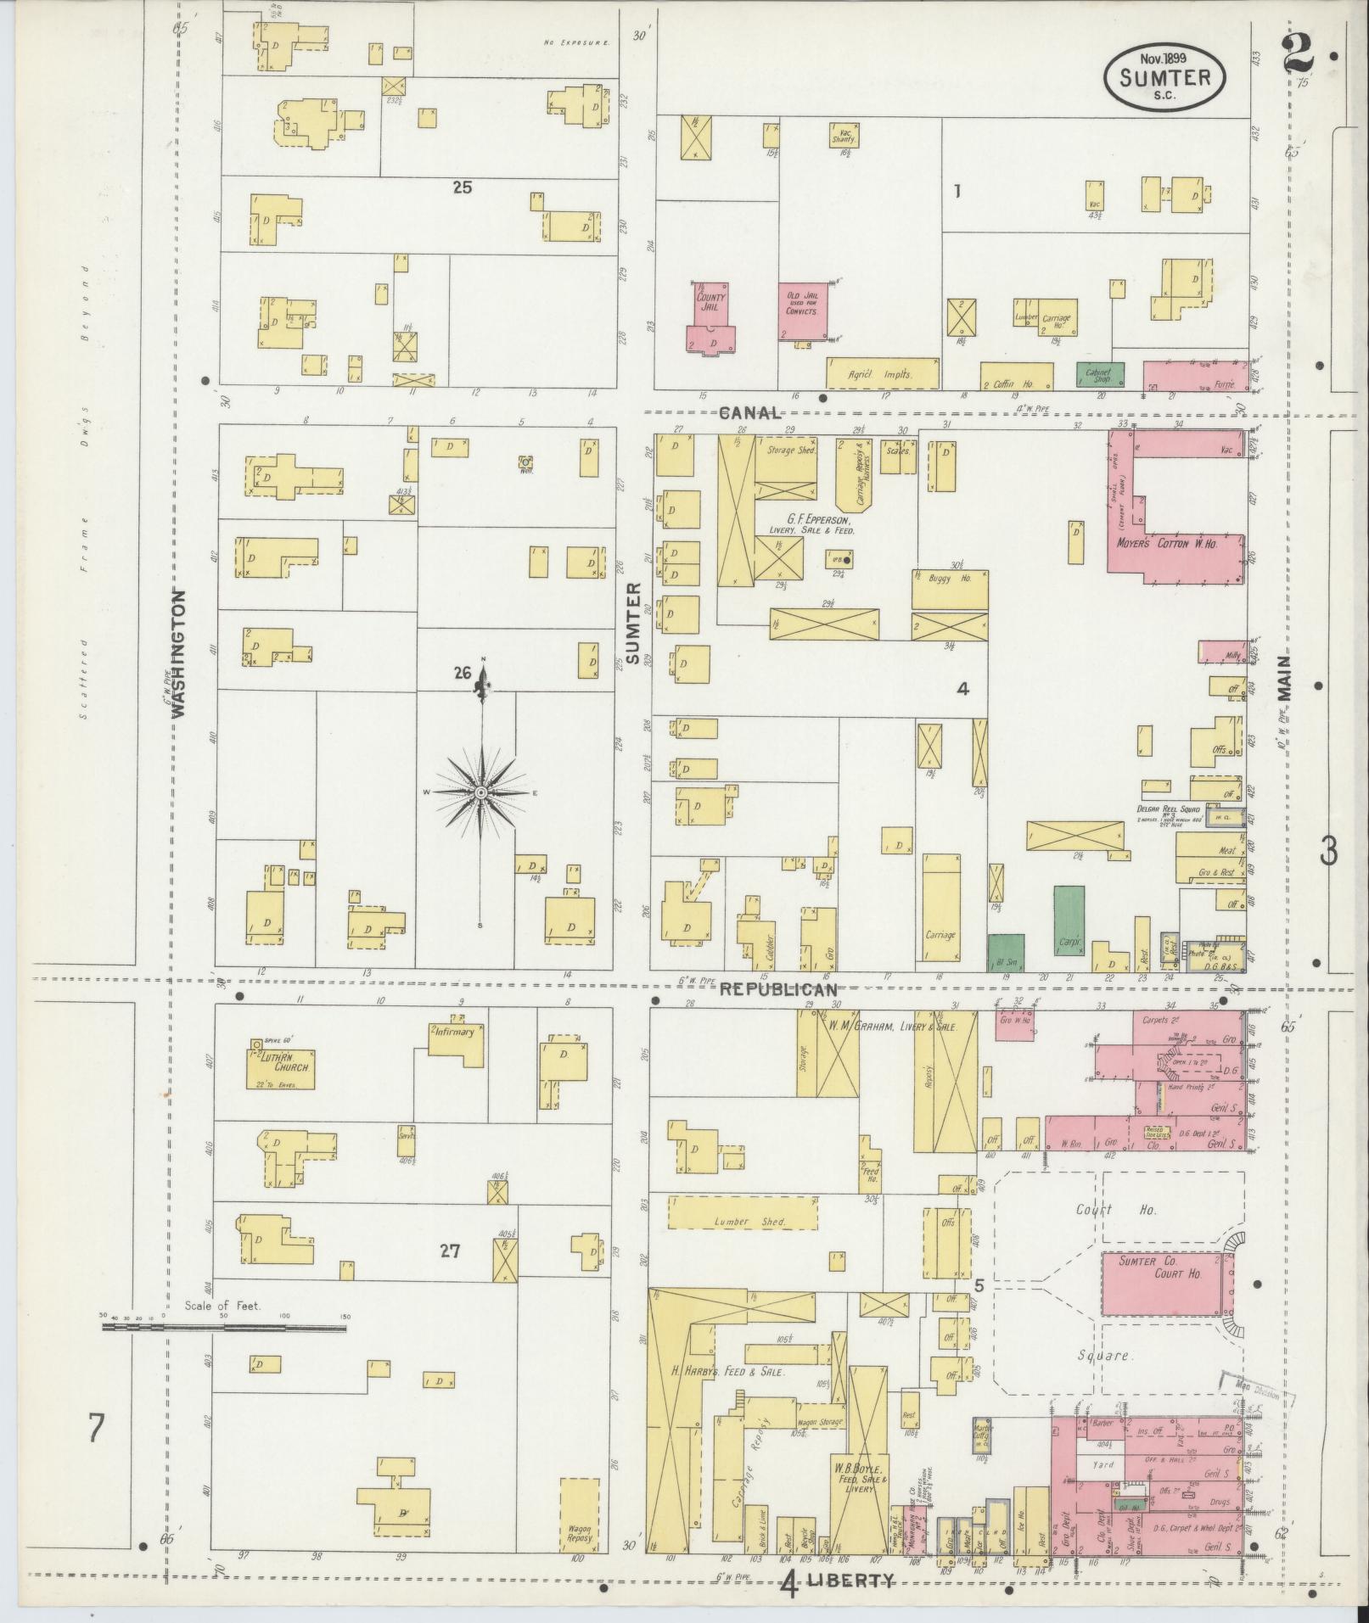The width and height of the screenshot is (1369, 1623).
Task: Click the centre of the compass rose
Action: pyautogui.click(x=481, y=792)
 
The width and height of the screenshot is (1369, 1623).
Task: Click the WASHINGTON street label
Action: pyautogui.click(x=179, y=654)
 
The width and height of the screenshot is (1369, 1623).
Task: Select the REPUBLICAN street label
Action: pyautogui.click(x=779, y=989)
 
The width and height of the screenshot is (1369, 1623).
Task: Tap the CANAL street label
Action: pyautogui.click(x=749, y=413)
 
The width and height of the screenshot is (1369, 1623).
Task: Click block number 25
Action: pyautogui.click(x=462, y=187)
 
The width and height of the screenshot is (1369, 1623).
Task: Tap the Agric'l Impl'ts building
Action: pyautogui.click(x=882, y=373)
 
